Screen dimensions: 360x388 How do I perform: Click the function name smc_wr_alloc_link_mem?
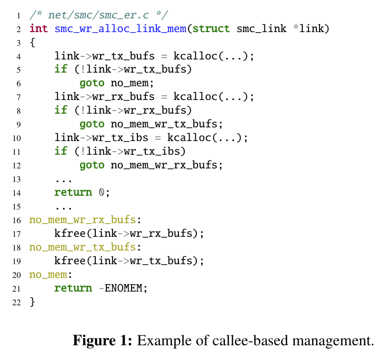tap(120, 28)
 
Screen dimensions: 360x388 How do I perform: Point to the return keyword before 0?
tap(73, 192)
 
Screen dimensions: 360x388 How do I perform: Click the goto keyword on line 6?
tap(92, 83)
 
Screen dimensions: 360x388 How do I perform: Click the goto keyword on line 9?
tap(92, 124)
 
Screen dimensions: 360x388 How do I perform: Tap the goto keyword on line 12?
tap(92, 165)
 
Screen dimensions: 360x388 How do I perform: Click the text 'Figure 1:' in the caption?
tap(103, 341)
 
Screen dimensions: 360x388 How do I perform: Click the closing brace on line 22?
tap(33, 302)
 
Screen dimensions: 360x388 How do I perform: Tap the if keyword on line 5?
tap(61, 69)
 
